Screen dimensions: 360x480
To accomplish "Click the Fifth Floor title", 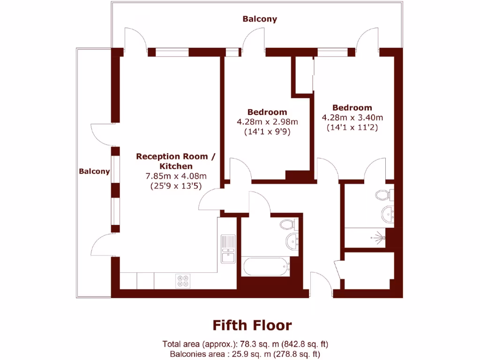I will pos(252,325).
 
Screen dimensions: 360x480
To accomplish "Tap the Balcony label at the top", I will pos(260,19).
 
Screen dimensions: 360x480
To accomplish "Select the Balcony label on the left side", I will pos(94,172).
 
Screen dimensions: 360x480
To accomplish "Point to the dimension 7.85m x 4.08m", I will pos(176,176).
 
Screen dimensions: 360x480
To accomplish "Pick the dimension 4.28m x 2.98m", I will pos(267,122).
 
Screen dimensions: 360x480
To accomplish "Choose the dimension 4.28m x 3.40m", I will pos(352,117).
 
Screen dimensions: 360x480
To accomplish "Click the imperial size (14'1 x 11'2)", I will pos(352,127).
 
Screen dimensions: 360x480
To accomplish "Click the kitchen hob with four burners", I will pos(182,280).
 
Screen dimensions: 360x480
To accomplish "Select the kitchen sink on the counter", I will pos(228,249).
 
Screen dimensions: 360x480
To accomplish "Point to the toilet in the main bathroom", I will pos(287,225).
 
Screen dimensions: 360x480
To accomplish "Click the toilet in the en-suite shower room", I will pos(383,194).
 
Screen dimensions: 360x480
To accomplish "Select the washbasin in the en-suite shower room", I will pos(387,215).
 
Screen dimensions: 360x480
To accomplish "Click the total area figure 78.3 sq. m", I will pos(233,344).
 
